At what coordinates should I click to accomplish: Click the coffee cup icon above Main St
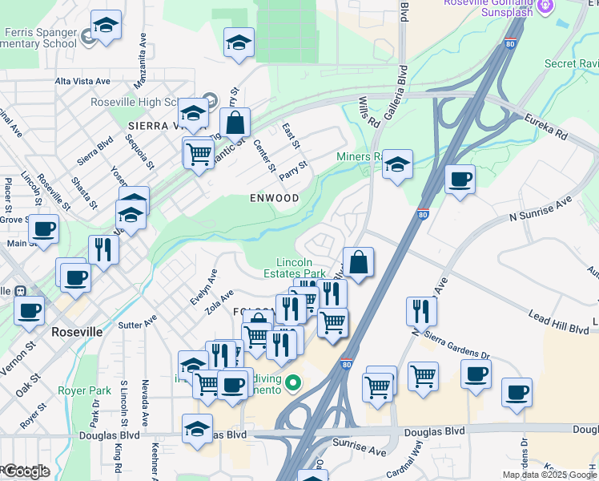pyautogui.click(x=44, y=229)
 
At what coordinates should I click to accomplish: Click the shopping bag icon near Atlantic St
pyautogui.click(x=235, y=123)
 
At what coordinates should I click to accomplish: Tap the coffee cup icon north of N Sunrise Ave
pyautogui.click(x=460, y=179)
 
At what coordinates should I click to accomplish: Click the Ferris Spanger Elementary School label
pyautogui.click(x=40, y=37)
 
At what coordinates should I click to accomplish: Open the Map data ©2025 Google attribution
pyautogui.click(x=549, y=475)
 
